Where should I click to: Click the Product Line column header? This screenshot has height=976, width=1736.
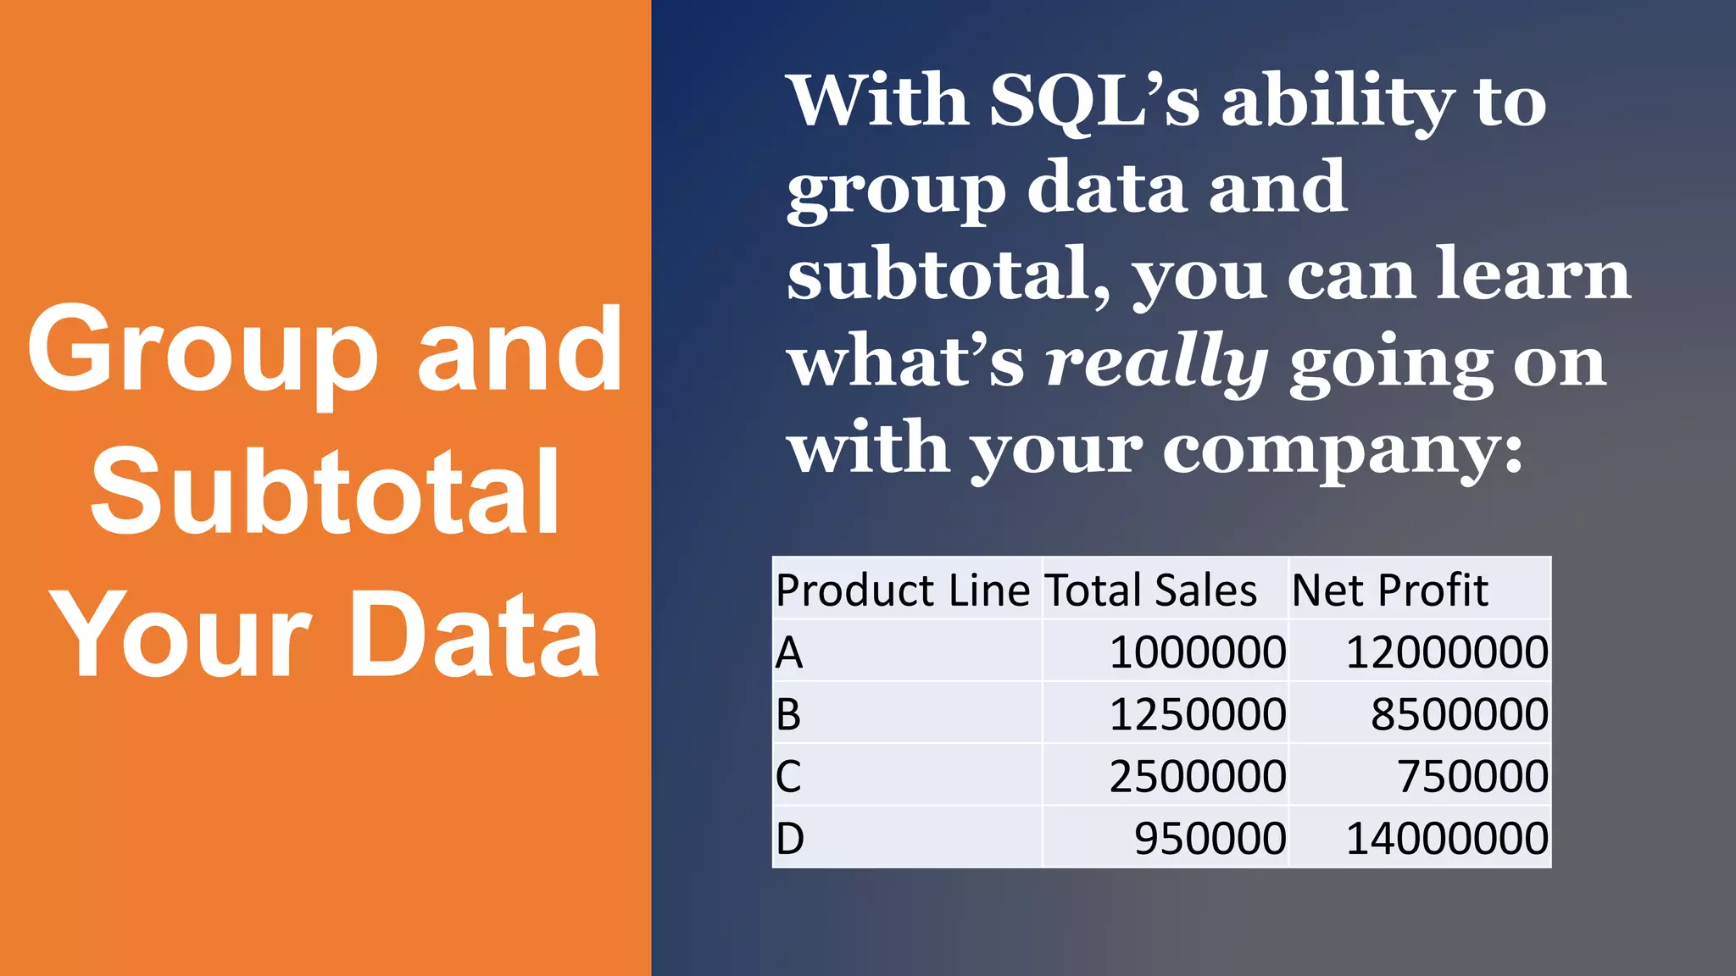click(902, 591)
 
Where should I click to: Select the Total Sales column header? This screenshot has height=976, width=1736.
click(1150, 591)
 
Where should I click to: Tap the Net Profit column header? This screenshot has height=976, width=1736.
click(1389, 591)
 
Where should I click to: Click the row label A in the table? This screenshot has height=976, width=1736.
click(789, 653)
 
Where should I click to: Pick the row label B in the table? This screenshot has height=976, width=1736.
click(788, 715)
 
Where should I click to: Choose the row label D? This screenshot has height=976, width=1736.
click(789, 839)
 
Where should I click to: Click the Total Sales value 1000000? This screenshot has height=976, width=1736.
click(1197, 653)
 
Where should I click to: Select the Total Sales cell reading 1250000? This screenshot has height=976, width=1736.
click(1197, 715)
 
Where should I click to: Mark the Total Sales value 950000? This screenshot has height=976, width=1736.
click(1210, 839)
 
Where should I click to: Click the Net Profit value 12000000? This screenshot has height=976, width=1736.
click(1447, 653)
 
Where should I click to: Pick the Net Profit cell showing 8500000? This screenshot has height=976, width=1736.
click(1459, 715)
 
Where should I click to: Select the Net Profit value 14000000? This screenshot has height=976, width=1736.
click(1447, 839)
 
